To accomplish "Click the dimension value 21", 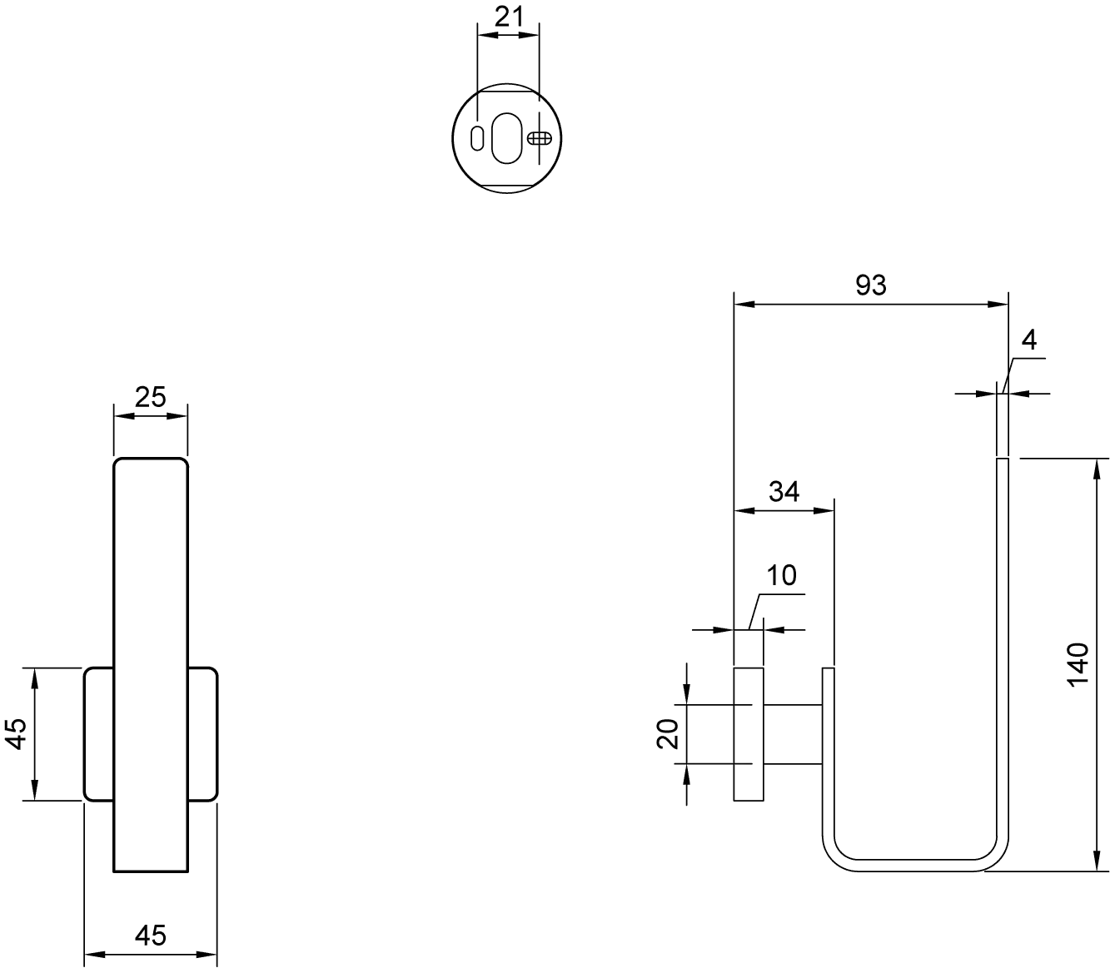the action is tap(509, 17).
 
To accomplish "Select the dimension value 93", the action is tap(871, 285).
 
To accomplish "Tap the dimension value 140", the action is tap(1078, 665).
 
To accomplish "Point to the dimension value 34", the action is tap(784, 491).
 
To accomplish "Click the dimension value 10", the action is tap(781, 575).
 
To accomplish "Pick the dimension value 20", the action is tap(668, 734).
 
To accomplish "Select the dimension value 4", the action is tap(1029, 340).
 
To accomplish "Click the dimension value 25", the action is tap(150, 397).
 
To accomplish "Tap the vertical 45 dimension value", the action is tap(18, 734).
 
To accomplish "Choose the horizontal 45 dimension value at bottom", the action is tap(150, 936).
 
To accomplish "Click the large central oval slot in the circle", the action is tap(507, 138).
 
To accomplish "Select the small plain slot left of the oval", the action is tap(477, 138).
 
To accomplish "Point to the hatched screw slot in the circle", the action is tap(540, 138).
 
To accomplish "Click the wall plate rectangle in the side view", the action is tap(749, 734).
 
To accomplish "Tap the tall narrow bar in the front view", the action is tap(151, 665).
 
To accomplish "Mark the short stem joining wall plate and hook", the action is tap(794, 734).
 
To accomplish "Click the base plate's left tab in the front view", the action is tap(99, 734).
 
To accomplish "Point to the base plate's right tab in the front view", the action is tap(203, 734).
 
